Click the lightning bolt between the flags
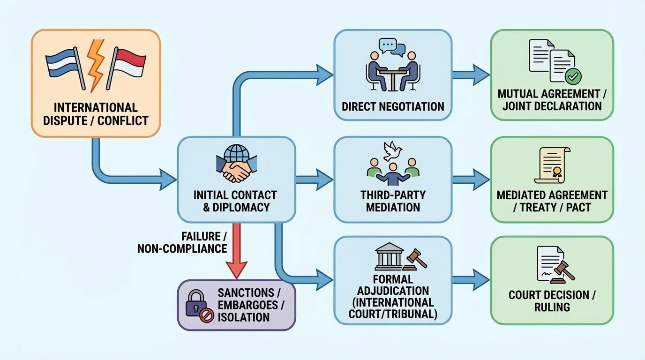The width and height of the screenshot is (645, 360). click(96, 64)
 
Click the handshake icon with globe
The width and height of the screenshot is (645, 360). click(236, 165)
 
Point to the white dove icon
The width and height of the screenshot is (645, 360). click(393, 151)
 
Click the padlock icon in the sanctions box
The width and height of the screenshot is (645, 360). click(196, 303)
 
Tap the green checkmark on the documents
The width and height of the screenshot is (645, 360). click(573, 75)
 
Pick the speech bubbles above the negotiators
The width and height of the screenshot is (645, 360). click(393, 46)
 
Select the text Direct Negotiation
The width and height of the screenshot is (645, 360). click(393, 106)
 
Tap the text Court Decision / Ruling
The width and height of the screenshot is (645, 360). click(552, 301)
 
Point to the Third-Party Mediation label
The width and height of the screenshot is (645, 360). click(393, 201)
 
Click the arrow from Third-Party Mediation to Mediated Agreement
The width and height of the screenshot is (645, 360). click(471, 179)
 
